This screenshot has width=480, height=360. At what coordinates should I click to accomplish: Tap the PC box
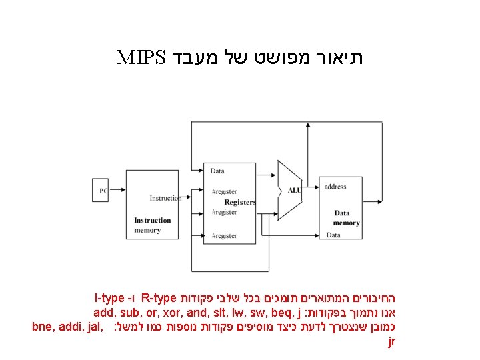(103, 191)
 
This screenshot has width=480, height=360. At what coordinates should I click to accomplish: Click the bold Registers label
(239, 202)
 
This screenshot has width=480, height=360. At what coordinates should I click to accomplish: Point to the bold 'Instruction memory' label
(153, 225)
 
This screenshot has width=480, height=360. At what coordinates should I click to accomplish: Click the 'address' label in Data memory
(335, 187)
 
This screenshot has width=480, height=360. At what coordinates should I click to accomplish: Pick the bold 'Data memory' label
(347, 218)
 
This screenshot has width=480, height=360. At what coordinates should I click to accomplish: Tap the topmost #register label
(224, 192)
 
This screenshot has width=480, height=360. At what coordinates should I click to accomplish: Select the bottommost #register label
(224, 235)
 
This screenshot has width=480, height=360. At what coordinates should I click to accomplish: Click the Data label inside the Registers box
(217, 171)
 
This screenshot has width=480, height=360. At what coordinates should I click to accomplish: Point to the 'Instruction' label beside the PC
(165, 198)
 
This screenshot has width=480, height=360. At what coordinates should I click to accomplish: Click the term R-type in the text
(159, 297)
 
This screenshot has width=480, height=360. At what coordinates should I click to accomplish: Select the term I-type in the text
(111, 297)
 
